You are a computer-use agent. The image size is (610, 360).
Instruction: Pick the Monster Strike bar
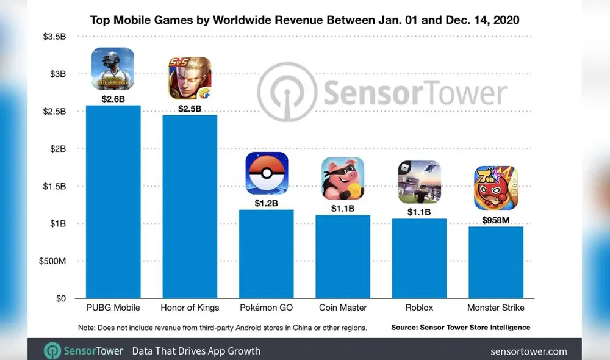tap(495, 262)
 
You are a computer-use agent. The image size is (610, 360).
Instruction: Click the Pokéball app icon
tap(267, 173)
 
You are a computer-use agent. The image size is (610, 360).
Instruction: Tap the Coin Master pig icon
tap(343, 178)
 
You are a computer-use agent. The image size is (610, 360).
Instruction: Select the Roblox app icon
tap(419, 182)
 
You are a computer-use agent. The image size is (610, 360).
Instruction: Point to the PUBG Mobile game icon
tap(113, 68)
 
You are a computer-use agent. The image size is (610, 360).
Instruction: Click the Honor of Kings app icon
tap(190, 77)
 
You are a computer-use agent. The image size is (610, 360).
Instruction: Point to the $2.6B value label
tap(113, 98)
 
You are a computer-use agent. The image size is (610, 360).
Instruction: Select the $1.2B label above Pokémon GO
tap(267, 203)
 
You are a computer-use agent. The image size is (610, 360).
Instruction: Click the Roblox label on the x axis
tap(419, 308)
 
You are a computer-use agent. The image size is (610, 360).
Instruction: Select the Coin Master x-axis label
tap(343, 308)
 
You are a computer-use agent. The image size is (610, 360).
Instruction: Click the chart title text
tap(305, 20)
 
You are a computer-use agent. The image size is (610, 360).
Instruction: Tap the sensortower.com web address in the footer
tap(528, 351)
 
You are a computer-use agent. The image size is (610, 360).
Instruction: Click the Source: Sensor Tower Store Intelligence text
tap(461, 328)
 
